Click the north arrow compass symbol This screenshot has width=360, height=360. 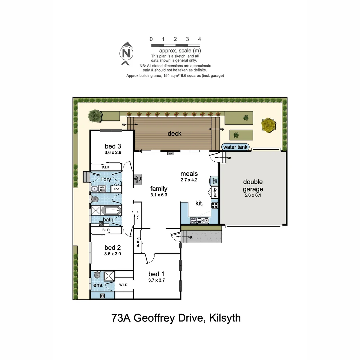coord(126,53)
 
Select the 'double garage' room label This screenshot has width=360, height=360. coord(253,185)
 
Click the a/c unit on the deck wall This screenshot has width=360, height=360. coord(171,153)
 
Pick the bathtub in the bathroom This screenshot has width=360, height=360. coord(112,211)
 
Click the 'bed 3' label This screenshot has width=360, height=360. coord(113,146)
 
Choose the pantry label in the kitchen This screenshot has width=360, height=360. coord(215,193)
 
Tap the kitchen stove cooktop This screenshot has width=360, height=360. coord(215,205)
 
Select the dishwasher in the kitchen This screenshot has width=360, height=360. coord(193,220)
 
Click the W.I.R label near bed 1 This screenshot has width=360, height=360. coord(123,285)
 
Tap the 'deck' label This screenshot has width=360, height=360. coord(174,134)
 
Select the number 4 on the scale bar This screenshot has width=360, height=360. coord(199,39)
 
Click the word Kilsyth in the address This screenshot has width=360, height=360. coord(225,318)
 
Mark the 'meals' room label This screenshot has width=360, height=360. coord(189,174)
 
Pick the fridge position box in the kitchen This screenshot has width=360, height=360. coord(215,181)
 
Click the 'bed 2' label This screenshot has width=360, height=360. coord(112,248)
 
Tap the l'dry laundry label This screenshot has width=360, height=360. coord(106,180)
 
